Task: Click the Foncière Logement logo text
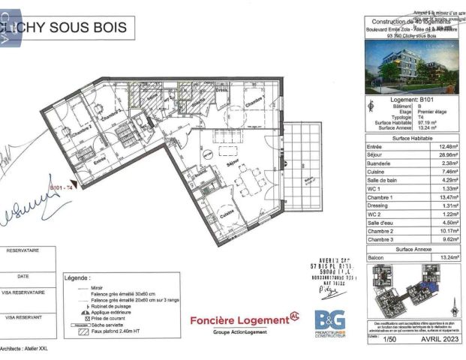[x=239, y=320]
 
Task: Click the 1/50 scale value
[x=389, y=339]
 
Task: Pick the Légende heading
[x=78, y=277]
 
